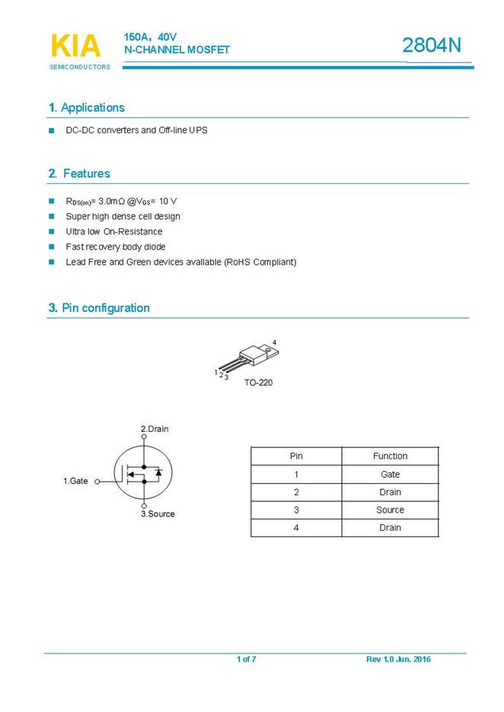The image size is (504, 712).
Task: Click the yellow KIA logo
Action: [x=75, y=46]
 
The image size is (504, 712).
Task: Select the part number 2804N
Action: [x=432, y=46]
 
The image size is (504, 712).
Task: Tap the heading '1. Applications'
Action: [x=86, y=108]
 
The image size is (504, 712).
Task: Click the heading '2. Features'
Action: [x=79, y=173]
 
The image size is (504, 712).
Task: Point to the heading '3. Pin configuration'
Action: [x=99, y=308]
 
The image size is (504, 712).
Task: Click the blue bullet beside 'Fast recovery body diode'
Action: [x=52, y=246]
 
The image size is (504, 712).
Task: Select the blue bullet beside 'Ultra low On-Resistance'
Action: [x=52, y=231]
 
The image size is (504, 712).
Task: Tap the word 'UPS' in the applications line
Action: [x=199, y=130]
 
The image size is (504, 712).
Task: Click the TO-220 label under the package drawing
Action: [x=258, y=383]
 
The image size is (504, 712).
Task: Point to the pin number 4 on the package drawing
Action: [x=274, y=342]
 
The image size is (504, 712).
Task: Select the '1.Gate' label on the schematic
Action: [x=75, y=482]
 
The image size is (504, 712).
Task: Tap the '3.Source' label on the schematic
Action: [x=158, y=514]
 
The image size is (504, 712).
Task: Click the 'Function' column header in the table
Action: [x=390, y=456]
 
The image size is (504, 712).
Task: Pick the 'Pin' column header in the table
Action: [x=296, y=456]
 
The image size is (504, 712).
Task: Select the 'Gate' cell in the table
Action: [x=390, y=474]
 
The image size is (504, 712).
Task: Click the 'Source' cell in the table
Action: [x=390, y=510]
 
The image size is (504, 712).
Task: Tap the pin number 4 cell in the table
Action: [x=296, y=528]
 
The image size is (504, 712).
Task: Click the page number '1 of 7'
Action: [x=246, y=660]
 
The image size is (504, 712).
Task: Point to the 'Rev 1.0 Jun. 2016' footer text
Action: [x=398, y=660]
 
